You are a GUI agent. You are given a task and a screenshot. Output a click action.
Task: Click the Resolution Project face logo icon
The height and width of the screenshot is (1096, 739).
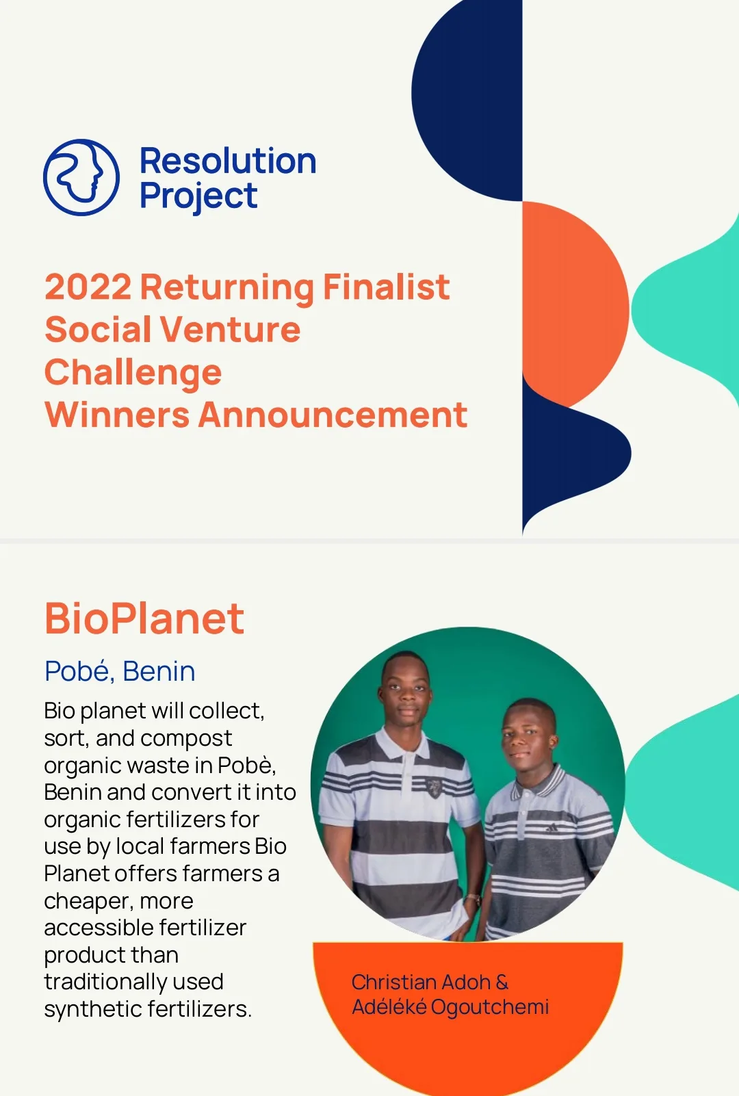[x=81, y=177]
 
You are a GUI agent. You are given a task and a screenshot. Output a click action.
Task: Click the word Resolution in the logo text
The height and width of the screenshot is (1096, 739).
[x=228, y=161]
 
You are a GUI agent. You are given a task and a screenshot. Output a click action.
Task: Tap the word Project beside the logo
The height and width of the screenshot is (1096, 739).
[x=198, y=196]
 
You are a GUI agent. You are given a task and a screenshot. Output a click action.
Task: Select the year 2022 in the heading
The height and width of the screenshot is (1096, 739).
[x=88, y=287]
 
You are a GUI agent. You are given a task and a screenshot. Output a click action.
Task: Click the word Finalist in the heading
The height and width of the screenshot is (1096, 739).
[x=386, y=287]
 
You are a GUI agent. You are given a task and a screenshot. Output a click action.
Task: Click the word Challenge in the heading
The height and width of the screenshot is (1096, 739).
[x=133, y=373]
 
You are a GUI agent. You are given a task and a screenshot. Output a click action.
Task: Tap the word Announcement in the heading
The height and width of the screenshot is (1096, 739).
[x=333, y=415]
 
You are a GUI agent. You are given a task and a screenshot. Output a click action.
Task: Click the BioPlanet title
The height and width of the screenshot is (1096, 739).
[x=144, y=618]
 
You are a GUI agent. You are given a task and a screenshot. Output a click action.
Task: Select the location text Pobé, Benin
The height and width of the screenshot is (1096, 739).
[x=120, y=671]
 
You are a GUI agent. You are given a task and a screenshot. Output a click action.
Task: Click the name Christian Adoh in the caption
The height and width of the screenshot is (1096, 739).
[x=421, y=982]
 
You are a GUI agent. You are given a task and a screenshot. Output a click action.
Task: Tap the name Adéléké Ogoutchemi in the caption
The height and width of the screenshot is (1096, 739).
[x=450, y=1007]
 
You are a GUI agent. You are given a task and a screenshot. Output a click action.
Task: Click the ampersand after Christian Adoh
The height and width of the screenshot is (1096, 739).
[x=502, y=982]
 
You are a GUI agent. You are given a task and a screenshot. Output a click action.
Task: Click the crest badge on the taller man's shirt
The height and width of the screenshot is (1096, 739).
[x=433, y=787]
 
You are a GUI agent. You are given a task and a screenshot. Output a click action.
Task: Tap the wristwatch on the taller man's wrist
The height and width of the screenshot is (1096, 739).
[x=471, y=898]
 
